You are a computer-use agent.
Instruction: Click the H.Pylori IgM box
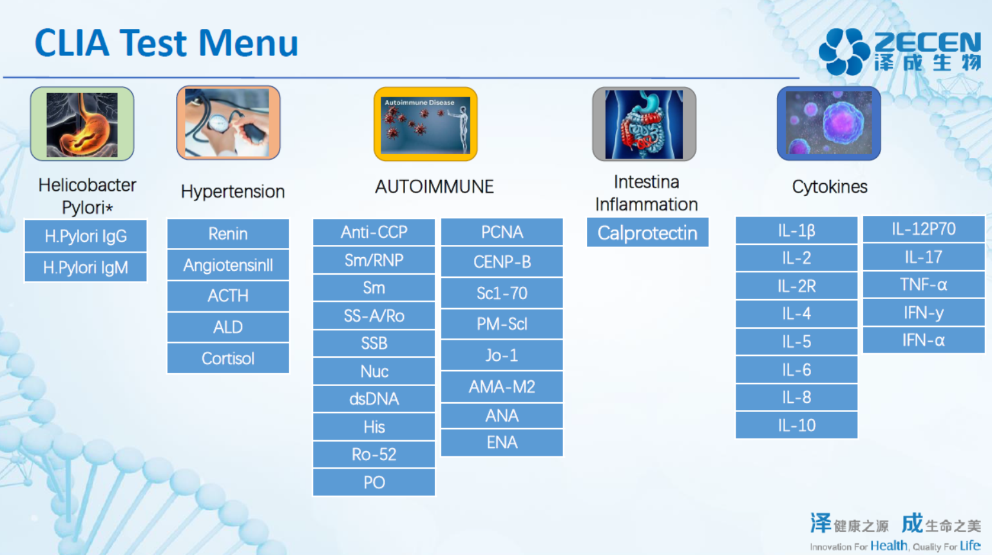tap(86, 268)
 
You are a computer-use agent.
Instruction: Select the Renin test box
tap(228, 233)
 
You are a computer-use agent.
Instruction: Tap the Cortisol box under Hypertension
tap(228, 358)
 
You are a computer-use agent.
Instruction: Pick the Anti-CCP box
tap(374, 232)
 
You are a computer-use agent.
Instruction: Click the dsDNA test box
tap(374, 399)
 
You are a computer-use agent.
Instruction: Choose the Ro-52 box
tap(374, 454)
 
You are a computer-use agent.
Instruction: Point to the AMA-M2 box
tap(502, 387)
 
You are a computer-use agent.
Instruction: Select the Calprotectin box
tap(647, 232)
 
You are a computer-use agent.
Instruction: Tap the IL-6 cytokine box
tap(796, 370)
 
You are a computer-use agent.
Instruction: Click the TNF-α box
tap(924, 285)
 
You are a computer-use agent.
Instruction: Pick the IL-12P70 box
tap(924, 229)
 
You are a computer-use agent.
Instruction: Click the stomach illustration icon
tap(82, 124)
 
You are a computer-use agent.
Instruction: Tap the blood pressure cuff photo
tap(228, 122)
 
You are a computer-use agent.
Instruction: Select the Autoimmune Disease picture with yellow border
tap(426, 124)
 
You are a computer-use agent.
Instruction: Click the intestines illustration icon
tap(644, 124)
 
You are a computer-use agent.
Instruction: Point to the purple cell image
tap(829, 123)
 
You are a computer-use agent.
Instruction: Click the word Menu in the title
tap(248, 43)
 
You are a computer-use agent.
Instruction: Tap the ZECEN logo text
tap(928, 43)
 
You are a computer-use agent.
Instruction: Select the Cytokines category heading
tap(830, 187)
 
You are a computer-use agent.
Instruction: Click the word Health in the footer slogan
tap(889, 546)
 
